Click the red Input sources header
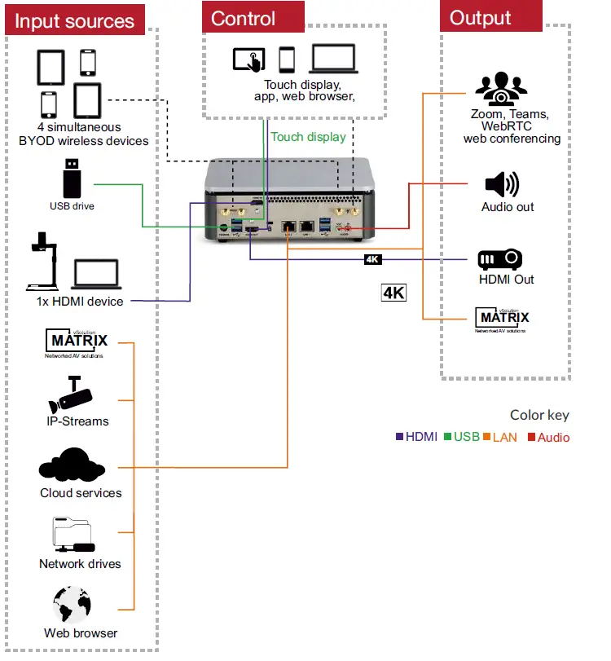point(74,20)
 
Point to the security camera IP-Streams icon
point(71,395)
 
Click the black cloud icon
point(73,465)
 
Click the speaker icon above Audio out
point(501,184)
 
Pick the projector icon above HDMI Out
point(499,259)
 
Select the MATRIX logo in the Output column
point(502,318)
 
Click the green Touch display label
point(308,137)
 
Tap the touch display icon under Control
point(248,59)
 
